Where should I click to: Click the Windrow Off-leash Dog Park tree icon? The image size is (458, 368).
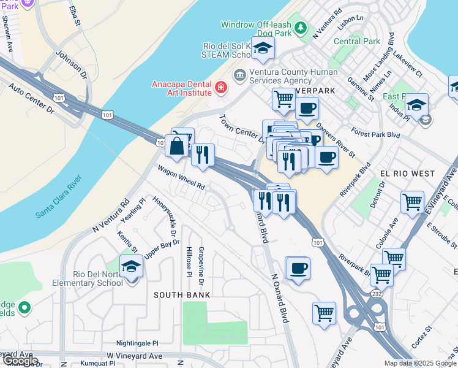point(300,28)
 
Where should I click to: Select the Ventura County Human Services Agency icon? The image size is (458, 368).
point(239,75)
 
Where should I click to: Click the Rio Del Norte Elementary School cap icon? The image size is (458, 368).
point(131,267)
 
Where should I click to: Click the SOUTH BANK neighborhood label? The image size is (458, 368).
point(182,295)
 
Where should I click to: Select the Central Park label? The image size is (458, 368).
point(357,42)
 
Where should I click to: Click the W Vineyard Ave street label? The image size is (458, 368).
point(134,356)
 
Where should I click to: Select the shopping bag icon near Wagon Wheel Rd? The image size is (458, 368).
point(176,147)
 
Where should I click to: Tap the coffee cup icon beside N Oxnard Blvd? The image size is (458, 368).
point(298,268)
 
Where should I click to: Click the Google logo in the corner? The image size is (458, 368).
point(20,361)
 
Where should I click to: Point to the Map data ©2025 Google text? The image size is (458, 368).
point(421,363)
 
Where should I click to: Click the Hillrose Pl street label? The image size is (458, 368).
point(189,266)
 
